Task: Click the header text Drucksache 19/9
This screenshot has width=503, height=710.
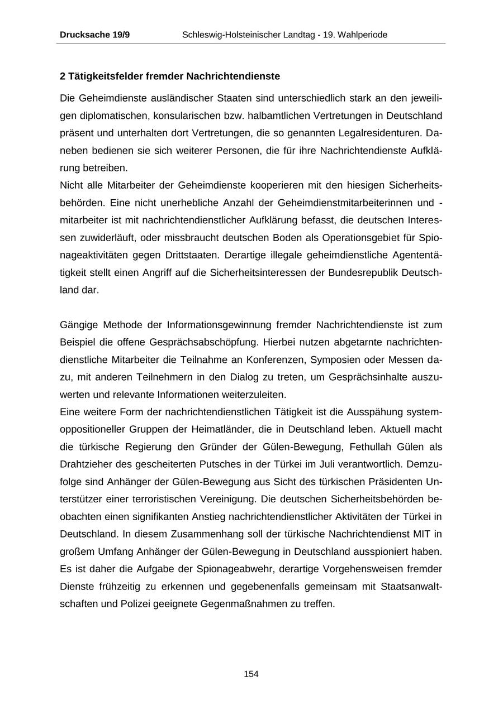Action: coord(94,35)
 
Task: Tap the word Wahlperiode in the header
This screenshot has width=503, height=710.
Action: coord(360,35)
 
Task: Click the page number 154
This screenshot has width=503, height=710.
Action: coord(251,674)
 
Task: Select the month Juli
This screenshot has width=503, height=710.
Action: coord(347,464)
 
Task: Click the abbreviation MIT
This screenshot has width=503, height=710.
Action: coord(421,534)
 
